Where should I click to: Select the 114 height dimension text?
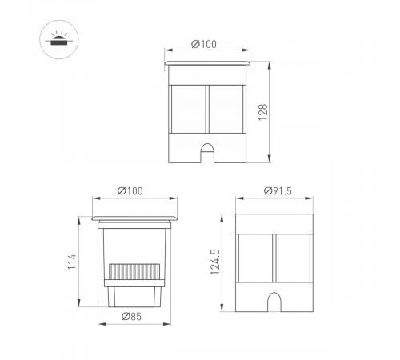coord(72,261)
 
